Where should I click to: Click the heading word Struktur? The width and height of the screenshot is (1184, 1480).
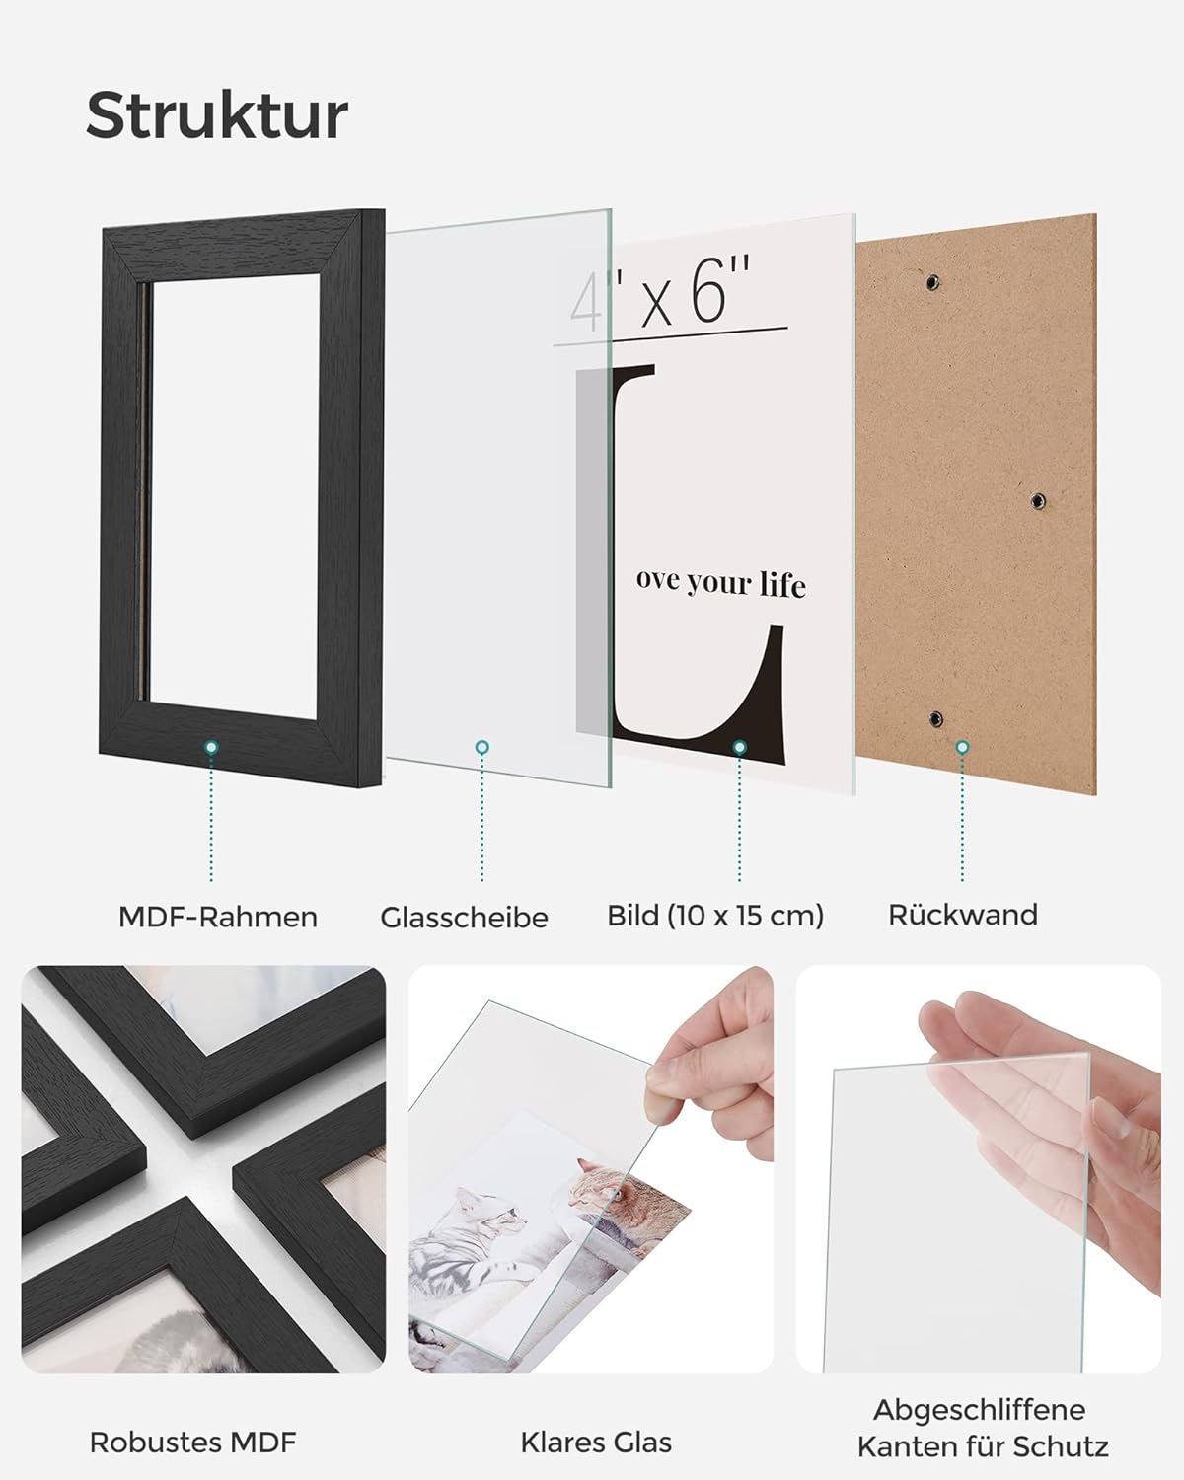tap(217, 115)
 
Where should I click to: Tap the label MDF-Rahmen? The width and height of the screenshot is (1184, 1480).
tap(217, 917)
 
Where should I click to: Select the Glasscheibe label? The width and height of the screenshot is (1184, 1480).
tap(464, 918)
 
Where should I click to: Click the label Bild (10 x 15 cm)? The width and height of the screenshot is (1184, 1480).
tap(714, 916)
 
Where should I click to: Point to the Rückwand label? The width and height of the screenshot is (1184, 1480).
tap(962, 915)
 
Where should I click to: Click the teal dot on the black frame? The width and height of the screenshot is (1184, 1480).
tap(211, 746)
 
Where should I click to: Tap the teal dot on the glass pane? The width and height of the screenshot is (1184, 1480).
tap(482, 746)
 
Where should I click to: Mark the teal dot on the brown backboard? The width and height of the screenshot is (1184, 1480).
tap(962, 746)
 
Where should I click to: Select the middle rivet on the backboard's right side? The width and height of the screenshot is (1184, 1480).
tap(1037, 500)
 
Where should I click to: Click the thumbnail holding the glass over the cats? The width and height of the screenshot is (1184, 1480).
tap(591, 1168)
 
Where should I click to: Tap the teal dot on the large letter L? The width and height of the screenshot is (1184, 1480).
tap(740, 746)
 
